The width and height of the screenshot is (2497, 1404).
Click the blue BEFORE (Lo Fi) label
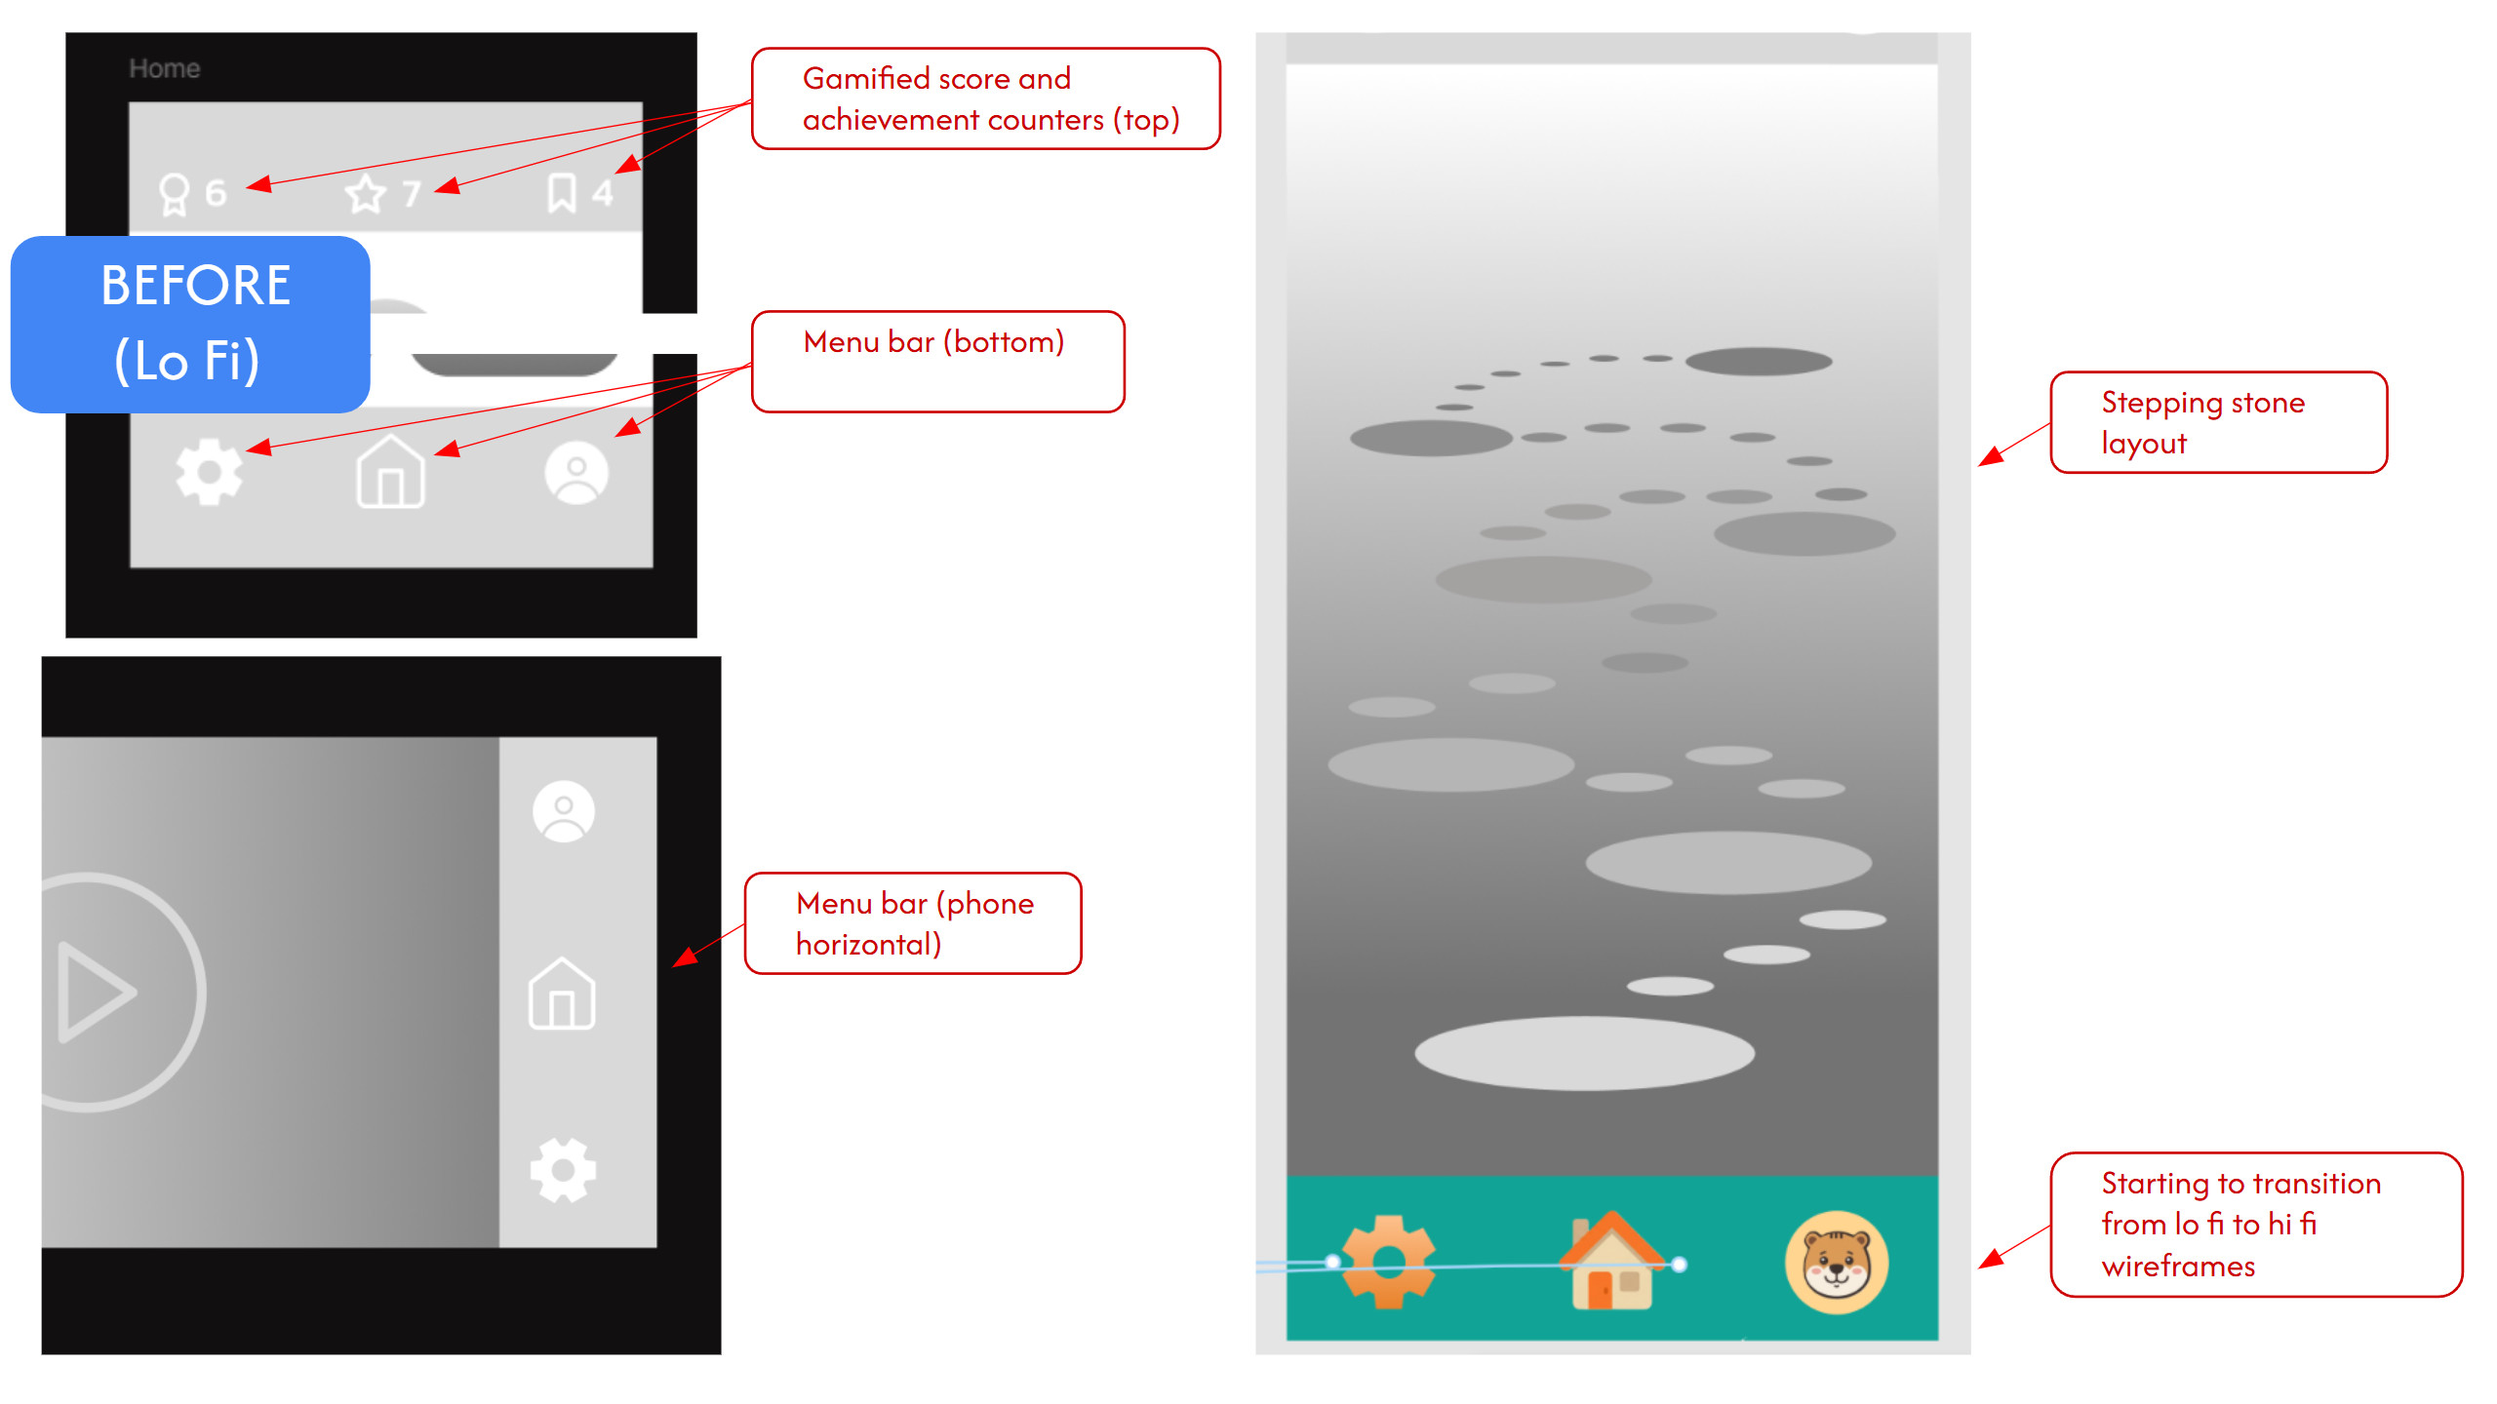click(x=190, y=324)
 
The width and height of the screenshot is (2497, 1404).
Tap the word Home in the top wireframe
click(x=165, y=68)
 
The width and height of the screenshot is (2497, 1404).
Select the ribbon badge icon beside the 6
click(x=174, y=194)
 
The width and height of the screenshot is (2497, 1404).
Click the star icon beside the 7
click(x=366, y=193)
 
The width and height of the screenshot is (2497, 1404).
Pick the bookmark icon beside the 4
click(x=562, y=192)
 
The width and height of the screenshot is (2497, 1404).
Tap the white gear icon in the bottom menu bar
click(x=209, y=472)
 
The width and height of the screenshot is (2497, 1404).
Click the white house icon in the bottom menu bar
click(x=390, y=472)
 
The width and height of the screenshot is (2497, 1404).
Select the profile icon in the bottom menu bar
click(x=576, y=473)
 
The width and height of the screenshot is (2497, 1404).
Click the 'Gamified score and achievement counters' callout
click(x=986, y=98)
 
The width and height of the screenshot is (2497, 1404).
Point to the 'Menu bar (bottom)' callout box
click(x=938, y=362)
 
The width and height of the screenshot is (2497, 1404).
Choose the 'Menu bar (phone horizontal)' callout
click(x=913, y=923)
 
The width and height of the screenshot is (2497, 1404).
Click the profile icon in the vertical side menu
click(x=564, y=811)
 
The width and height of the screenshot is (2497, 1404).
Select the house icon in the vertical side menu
click(x=562, y=993)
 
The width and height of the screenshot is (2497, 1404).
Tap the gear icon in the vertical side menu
click(x=563, y=1170)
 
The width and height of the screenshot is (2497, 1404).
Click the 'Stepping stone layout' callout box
click(x=2219, y=422)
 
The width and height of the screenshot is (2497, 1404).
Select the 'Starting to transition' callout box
click(x=2256, y=1225)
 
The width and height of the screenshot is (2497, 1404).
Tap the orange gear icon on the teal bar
click(x=1389, y=1262)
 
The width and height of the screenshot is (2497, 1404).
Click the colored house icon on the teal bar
click(x=1612, y=1260)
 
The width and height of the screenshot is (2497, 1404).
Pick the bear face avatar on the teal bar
click(x=1837, y=1263)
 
